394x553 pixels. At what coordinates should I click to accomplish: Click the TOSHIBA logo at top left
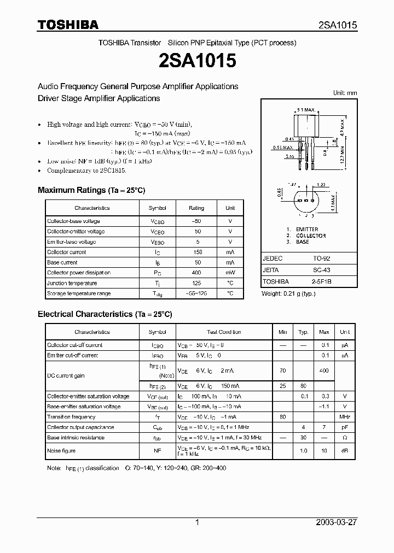coord(68,25)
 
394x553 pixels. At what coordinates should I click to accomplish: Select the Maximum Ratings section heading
coord(91,190)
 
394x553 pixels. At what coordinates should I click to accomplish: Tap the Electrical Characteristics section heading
coord(105,314)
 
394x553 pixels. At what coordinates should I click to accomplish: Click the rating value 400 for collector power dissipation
coord(196,273)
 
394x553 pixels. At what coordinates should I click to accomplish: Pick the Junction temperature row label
coord(72,283)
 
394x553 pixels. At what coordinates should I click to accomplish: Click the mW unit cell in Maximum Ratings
coord(230,273)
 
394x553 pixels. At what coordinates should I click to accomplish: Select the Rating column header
coord(196,208)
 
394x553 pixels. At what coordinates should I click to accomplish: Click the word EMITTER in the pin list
coord(306,230)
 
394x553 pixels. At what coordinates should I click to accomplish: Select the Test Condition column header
coord(224,332)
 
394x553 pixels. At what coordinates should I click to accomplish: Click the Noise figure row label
coord(61,451)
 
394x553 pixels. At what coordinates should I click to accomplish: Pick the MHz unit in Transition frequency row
coord(344,417)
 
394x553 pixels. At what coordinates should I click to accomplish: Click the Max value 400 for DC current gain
coord(324,370)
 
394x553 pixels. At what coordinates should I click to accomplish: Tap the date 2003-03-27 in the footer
coord(337,522)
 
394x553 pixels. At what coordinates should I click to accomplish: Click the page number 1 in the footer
coord(197,522)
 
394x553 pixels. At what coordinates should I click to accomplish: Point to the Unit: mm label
coord(345,93)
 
